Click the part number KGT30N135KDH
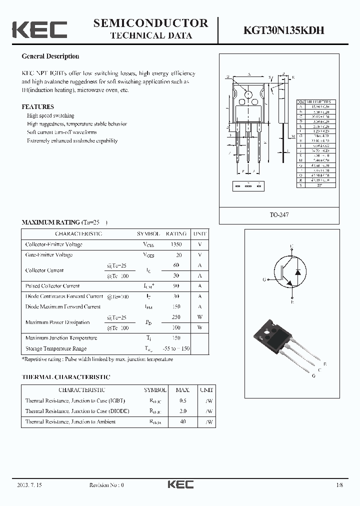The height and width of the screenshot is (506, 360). pyautogui.click(x=284, y=30)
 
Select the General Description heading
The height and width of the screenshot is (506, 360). pyautogui.click(x=50, y=56)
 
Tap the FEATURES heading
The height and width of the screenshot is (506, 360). pyautogui.click(x=37, y=107)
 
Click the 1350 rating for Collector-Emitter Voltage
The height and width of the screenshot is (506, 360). pyautogui.click(x=176, y=244)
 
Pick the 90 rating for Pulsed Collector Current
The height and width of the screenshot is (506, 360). pyautogui.click(x=176, y=286)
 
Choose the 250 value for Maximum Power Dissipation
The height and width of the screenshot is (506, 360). pyautogui.click(x=176, y=317)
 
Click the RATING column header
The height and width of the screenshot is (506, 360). pyautogui.click(x=176, y=233)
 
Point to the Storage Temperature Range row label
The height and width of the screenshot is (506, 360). pyautogui.click(x=56, y=348)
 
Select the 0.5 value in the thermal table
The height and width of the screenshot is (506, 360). pyautogui.click(x=182, y=400)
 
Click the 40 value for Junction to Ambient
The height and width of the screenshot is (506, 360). pyautogui.click(x=182, y=421)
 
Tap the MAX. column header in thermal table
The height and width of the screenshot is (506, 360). pyautogui.click(x=182, y=389)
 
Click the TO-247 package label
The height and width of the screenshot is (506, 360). pyautogui.click(x=279, y=214)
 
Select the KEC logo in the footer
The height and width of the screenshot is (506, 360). pyautogui.click(x=179, y=484)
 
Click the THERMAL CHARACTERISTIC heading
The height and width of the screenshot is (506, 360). pyautogui.click(x=65, y=377)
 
